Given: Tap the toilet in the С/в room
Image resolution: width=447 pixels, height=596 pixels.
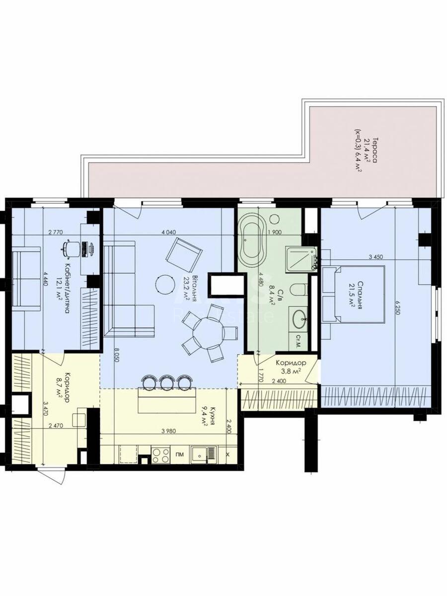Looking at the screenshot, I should pyautogui.click(x=298, y=291).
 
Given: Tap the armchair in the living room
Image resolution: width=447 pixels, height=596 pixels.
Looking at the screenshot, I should pyautogui.click(x=184, y=254).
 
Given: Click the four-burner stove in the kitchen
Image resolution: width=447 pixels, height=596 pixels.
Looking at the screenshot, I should pyautogui.click(x=160, y=455).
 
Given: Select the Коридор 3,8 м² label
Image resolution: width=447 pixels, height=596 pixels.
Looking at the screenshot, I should pyautogui.click(x=291, y=367).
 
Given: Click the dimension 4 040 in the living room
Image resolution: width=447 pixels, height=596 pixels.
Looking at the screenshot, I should pyautogui.click(x=168, y=232).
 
